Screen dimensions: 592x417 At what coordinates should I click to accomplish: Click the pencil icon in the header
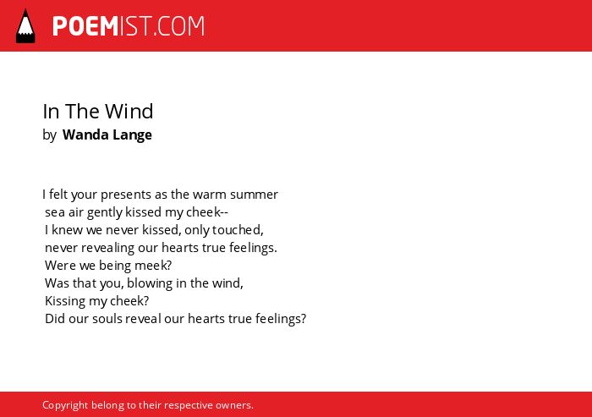click(25, 26)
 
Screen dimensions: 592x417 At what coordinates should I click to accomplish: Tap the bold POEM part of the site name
click(85, 26)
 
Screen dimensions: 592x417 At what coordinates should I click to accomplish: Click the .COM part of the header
click(178, 26)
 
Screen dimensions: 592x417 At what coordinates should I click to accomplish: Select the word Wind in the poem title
click(129, 111)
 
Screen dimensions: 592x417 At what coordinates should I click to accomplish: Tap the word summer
click(254, 195)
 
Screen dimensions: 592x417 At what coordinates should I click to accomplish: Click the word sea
click(55, 212)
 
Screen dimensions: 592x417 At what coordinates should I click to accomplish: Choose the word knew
click(67, 230)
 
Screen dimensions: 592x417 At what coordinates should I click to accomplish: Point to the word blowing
click(150, 283)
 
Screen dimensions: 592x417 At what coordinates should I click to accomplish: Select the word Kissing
click(65, 301)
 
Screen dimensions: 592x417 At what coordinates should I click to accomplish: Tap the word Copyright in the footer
click(65, 405)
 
